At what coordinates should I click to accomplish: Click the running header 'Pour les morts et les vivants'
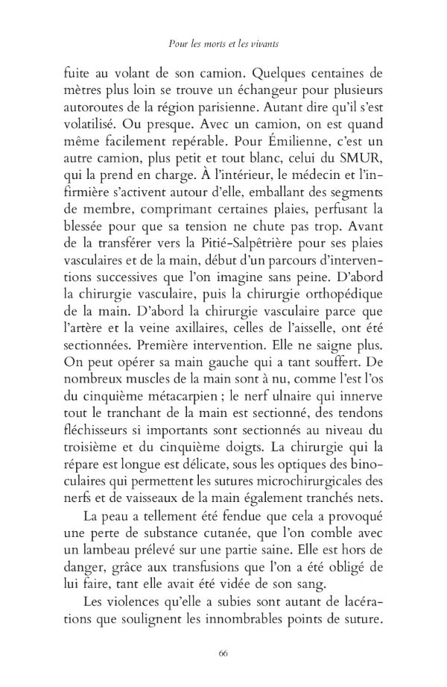[x=223, y=45]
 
